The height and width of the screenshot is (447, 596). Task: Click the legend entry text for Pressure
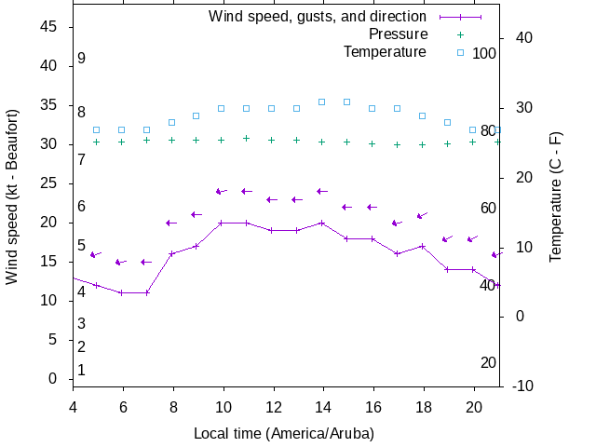[x=398, y=34]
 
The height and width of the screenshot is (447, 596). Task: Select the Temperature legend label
[x=385, y=51]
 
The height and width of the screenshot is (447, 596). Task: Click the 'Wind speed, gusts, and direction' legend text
[x=317, y=17]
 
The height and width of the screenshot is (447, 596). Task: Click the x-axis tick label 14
[x=322, y=406]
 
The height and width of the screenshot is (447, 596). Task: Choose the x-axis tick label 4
[x=73, y=406]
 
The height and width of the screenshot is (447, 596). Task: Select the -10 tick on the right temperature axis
[x=522, y=386]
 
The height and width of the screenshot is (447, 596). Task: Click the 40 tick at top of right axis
[x=522, y=38]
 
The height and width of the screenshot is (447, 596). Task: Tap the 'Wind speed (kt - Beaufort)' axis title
[x=12, y=206]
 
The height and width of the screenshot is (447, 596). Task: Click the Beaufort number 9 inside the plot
[x=82, y=59]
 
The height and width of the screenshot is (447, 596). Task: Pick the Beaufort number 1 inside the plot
[x=82, y=370]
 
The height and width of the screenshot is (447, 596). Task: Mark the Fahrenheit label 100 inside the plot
[x=484, y=53]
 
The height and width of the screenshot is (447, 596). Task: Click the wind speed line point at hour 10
[x=222, y=223]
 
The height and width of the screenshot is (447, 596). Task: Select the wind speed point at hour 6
[x=122, y=292]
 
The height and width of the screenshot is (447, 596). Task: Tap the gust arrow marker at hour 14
[x=322, y=191]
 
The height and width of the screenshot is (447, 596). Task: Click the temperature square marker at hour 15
[x=346, y=102]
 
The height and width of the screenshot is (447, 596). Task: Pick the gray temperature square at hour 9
[x=196, y=115]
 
